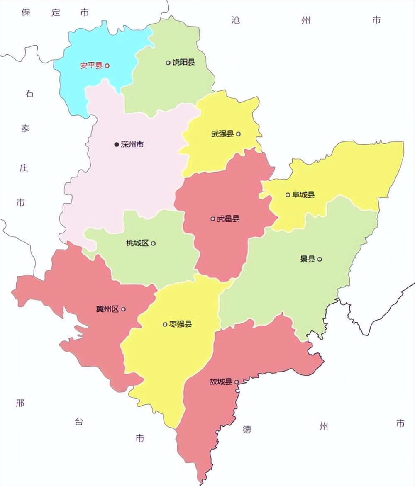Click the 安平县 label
[x=91, y=66]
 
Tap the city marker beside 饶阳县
[x=168, y=63]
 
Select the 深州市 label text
[x=132, y=144]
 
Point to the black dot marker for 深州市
[x=117, y=144]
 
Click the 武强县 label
[x=222, y=134]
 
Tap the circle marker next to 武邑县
[x=213, y=219]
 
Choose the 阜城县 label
[x=303, y=194]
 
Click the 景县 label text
[x=308, y=259]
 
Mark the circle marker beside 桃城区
[x=154, y=243]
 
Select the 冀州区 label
[x=107, y=309]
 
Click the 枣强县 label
[x=181, y=324]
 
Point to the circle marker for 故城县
[x=237, y=382]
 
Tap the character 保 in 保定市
[x=27, y=12]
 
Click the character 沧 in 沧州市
[x=236, y=20]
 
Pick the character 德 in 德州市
[x=247, y=429]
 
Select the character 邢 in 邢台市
[x=20, y=403]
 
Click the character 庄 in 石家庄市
[x=24, y=168]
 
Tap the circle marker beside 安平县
[x=107, y=66]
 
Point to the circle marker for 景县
[x=320, y=259]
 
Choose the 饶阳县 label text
[x=184, y=63]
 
